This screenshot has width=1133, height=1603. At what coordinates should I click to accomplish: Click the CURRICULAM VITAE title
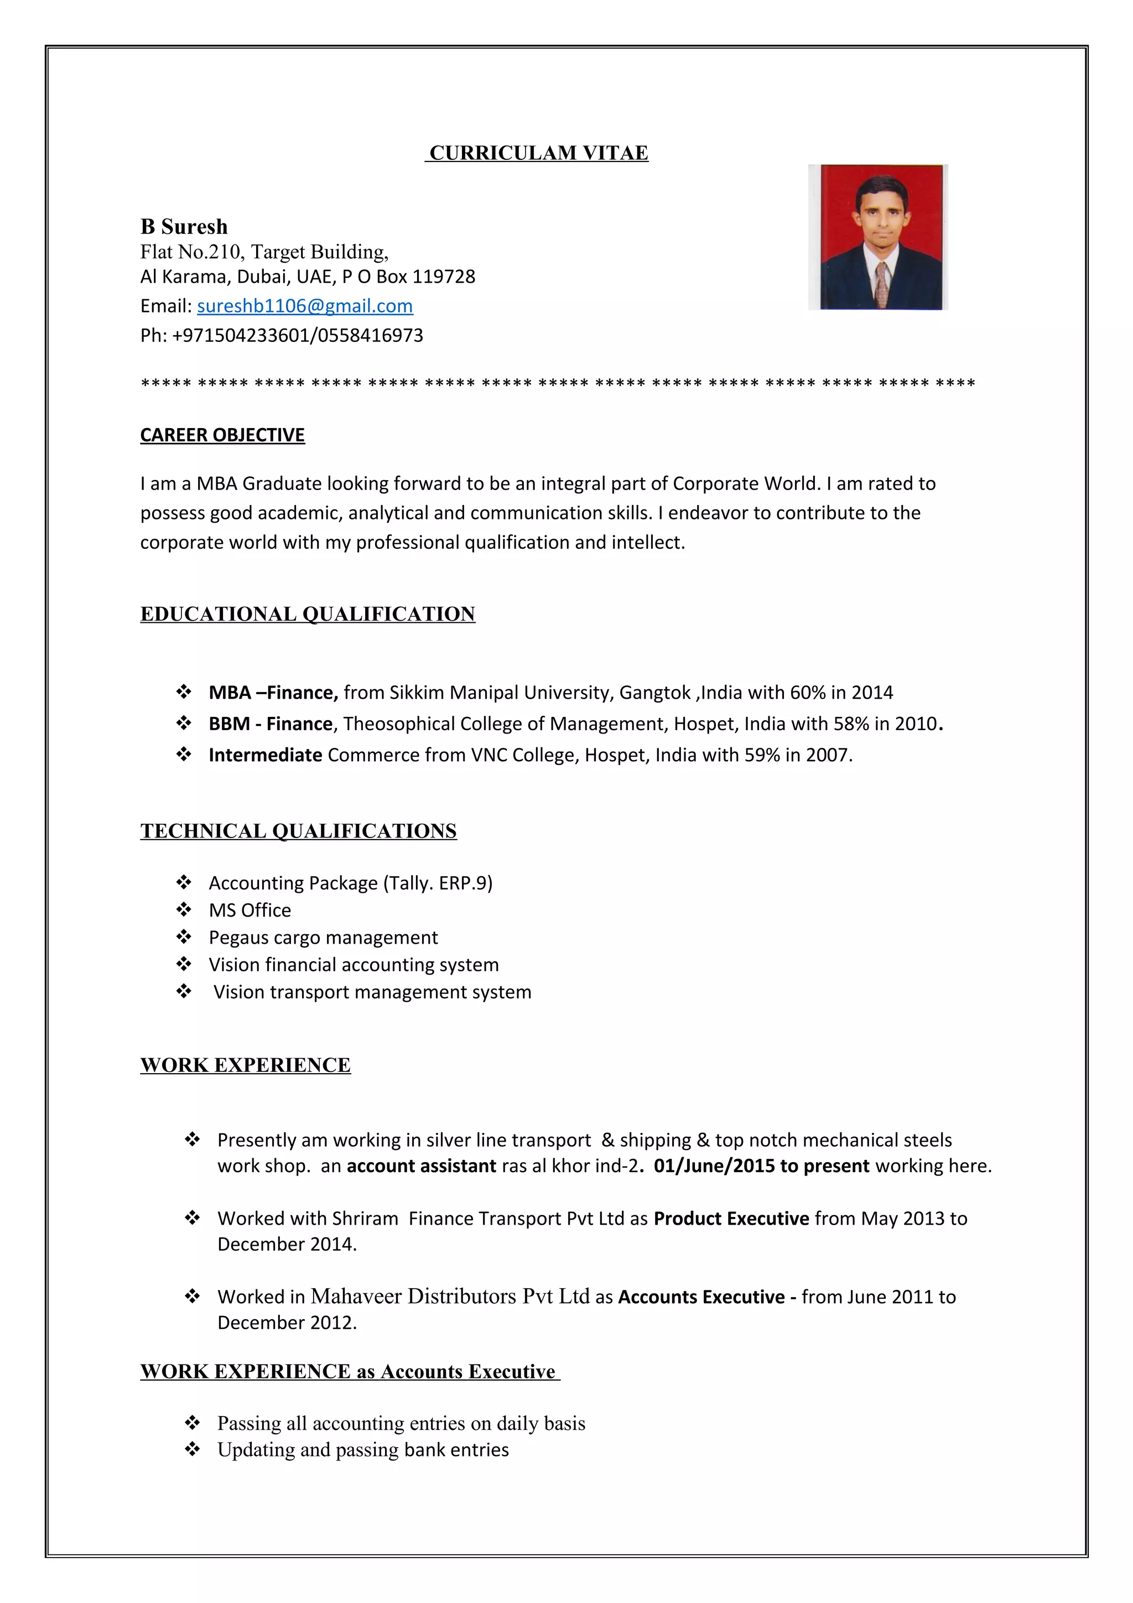coord(538,153)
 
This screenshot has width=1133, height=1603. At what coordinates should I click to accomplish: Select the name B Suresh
coord(184,227)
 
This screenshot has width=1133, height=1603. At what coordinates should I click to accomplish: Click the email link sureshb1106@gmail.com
coord(304,306)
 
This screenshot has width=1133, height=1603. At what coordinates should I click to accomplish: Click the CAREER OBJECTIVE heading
coord(222,435)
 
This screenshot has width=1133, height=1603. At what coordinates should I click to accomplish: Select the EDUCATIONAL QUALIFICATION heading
coord(307,615)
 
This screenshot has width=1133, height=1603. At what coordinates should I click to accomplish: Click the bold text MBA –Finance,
coord(273,693)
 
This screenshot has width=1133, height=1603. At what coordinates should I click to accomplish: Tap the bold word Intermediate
coord(264,756)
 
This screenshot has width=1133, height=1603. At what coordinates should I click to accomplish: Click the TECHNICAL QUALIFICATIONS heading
coord(298,831)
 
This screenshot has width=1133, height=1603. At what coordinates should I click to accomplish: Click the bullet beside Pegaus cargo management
coord(184,937)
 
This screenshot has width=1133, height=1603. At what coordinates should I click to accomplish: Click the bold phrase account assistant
coord(421,1166)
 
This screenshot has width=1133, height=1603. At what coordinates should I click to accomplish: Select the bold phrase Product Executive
coord(731,1219)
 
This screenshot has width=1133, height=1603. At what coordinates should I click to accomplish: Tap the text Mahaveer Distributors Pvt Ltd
coord(450,1297)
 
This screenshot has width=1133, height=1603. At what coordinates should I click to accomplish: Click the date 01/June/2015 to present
coord(761,1166)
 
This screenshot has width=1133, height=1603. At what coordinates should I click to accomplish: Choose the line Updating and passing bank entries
coord(363,1450)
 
